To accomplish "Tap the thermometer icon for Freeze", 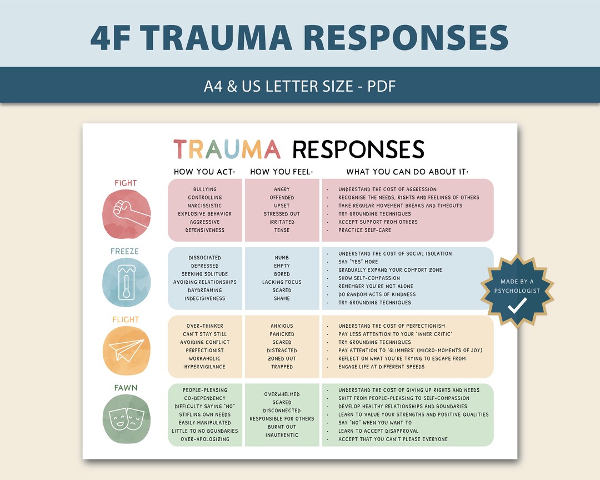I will (x=126, y=282).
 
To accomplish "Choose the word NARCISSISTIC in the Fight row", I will (x=205, y=206).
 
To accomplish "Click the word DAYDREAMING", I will (x=205, y=290).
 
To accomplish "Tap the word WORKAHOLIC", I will (x=205, y=359).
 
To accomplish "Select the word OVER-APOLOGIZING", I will (x=205, y=439).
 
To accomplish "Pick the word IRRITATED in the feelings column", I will (x=282, y=222).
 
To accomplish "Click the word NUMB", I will (x=282, y=258).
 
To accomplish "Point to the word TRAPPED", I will (x=282, y=367).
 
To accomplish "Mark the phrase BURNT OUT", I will (x=282, y=427).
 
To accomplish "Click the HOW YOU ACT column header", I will (x=204, y=172).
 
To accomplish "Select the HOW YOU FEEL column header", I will (x=282, y=172).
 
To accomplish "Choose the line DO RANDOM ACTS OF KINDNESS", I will (x=377, y=294).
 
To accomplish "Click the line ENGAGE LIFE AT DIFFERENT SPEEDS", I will (x=382, y=367).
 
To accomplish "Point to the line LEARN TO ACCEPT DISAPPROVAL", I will (x=379, y=431).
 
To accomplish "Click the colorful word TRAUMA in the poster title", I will (x=227, y=149).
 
